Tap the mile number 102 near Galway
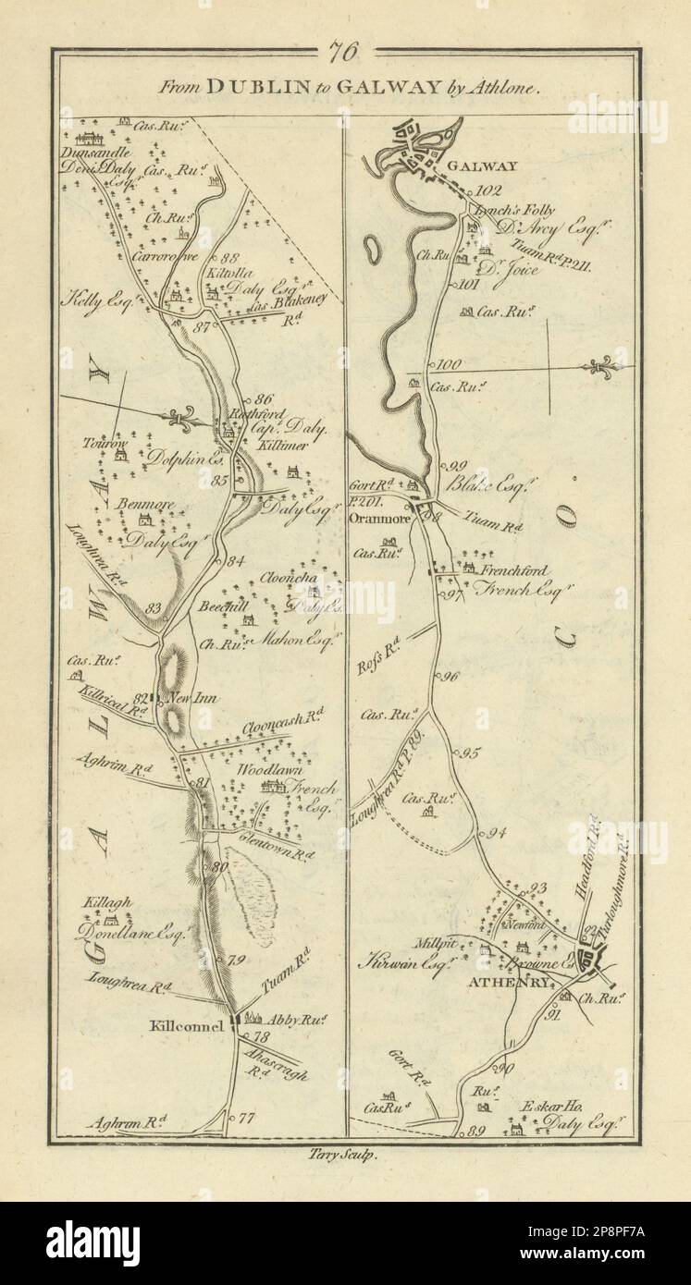[x=488, y=191]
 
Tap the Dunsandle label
[x=97, y=153]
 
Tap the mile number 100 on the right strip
[x=450, y=363]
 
